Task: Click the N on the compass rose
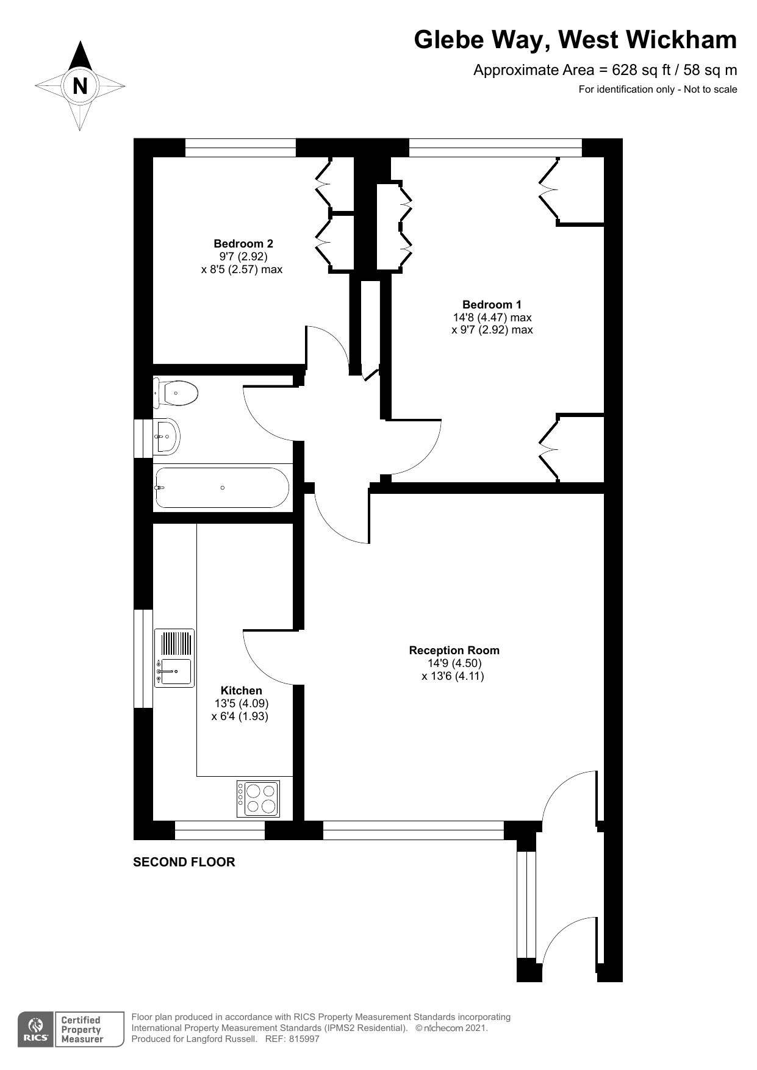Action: (x=80, y=86)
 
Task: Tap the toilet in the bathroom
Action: (x=178, y=393)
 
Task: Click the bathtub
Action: (x=222, y=488)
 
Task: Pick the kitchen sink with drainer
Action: (x=174, y=658)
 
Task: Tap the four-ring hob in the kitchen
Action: (x=258, y=799)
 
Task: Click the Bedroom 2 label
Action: (x=243, y=243)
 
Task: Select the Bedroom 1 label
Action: (x=492, y=304)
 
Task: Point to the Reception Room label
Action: (x=454, y=650)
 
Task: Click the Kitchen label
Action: (x=241, y=690)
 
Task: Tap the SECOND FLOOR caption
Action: (x=184, y=861)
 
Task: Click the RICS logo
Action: (x=35, y=1030)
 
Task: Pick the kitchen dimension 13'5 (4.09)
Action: (x=241, y=703)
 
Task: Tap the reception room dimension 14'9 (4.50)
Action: (x=454, y=663)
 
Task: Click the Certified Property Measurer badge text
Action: (x=82, y=1029)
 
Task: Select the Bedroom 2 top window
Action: (x=240, y=148)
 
